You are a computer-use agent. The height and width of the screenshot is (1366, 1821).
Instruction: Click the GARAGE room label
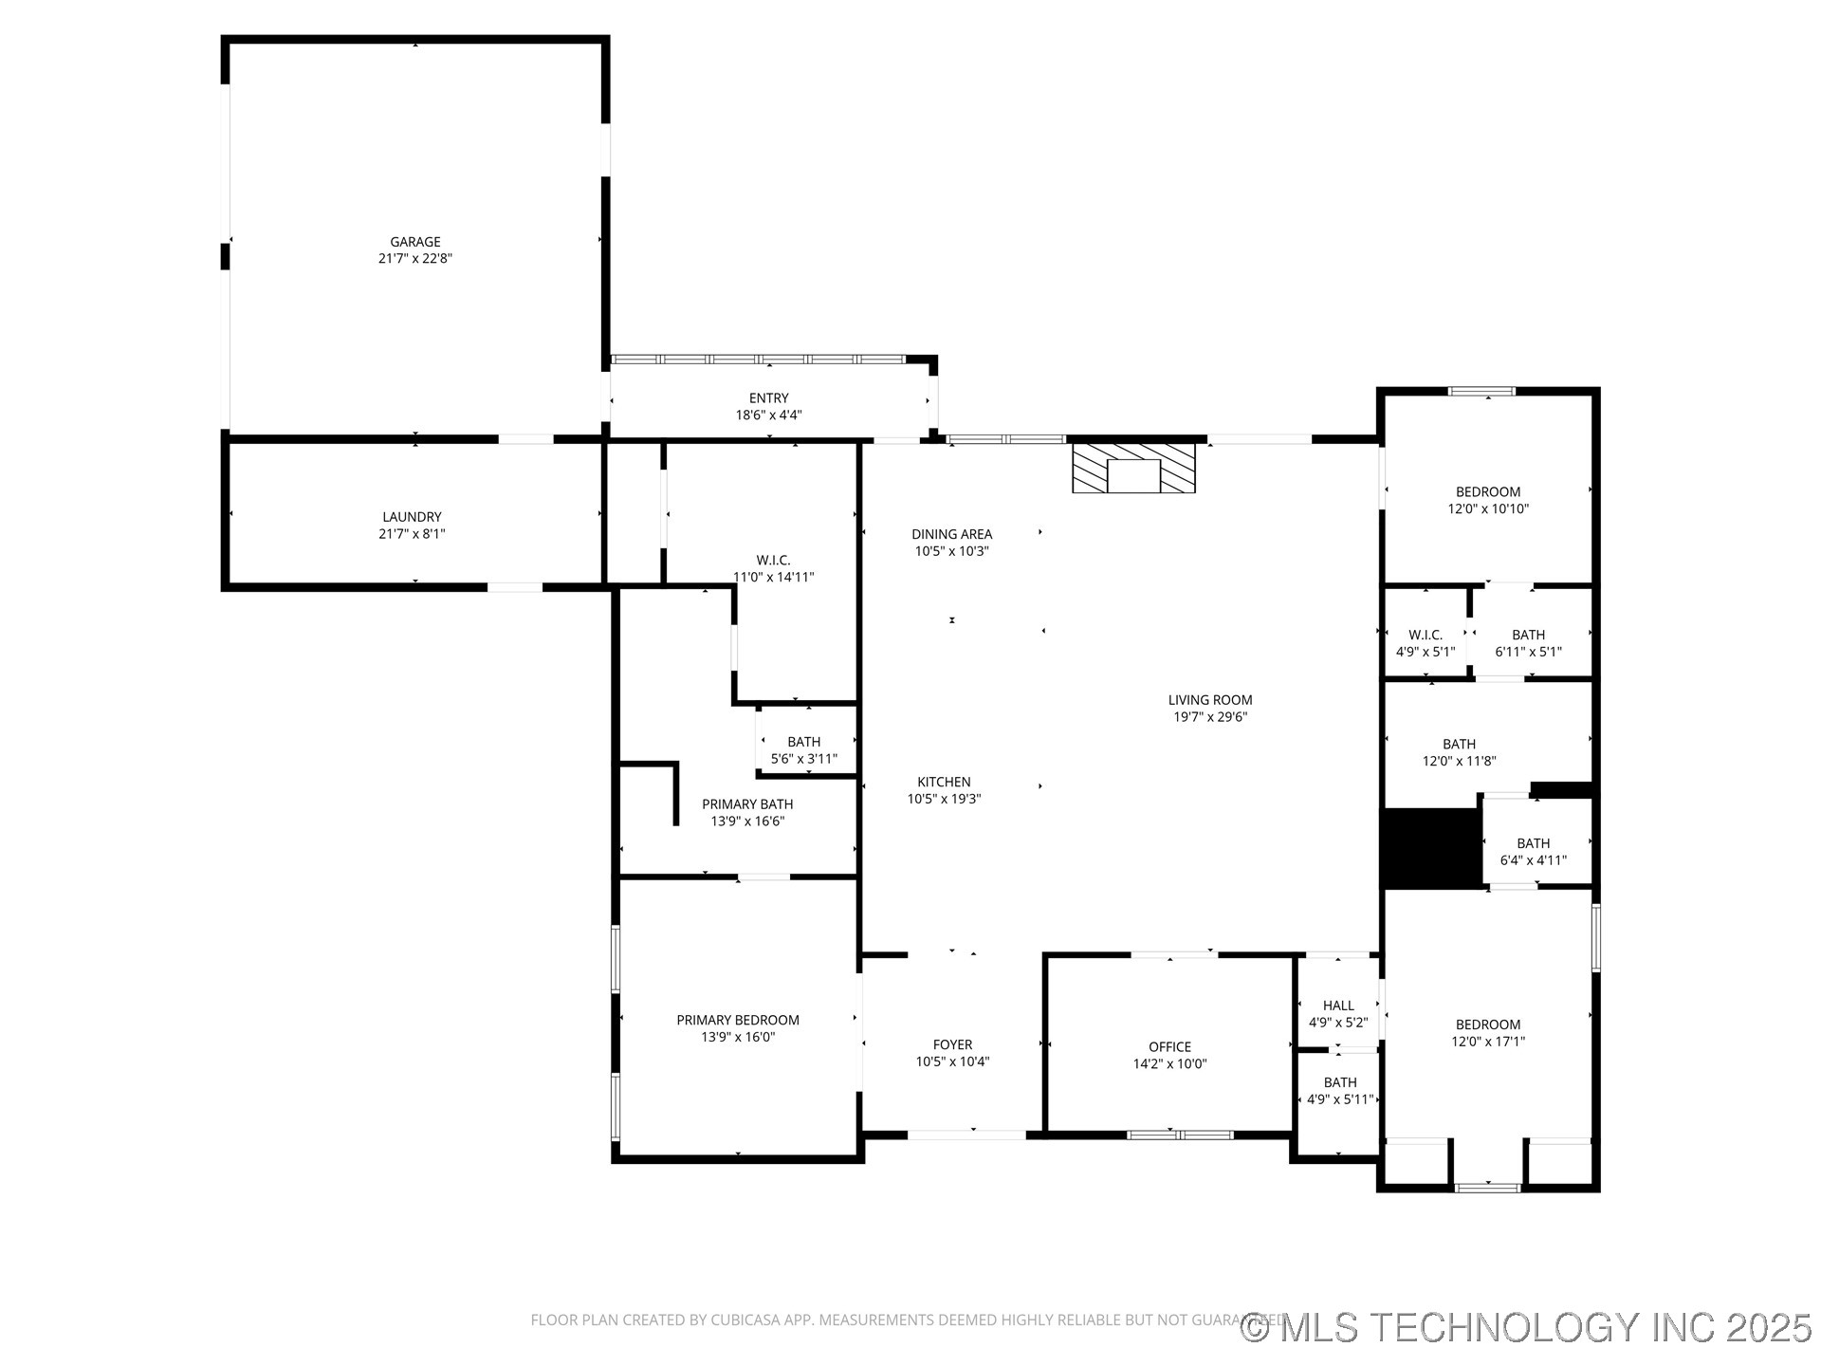pos(415,242)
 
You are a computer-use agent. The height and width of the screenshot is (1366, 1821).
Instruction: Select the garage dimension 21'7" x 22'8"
pos(415,259)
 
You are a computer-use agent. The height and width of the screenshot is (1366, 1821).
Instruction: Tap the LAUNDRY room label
pos(412,517)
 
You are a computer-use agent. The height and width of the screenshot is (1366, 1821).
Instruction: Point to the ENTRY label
pos(768,398)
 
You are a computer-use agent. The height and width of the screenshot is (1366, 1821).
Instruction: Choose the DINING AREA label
pos(951,534)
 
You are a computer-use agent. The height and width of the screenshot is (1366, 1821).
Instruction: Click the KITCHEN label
pos(944,782)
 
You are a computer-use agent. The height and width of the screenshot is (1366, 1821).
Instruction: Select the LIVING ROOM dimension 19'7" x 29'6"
pos(1210,717)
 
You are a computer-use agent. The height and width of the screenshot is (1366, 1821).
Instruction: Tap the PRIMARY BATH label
pos(747,804)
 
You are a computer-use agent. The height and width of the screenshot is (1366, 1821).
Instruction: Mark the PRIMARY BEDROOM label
pos(738,1020)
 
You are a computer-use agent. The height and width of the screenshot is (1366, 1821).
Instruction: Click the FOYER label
pos(952,1044)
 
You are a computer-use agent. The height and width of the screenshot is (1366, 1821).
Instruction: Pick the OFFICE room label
pos(1169,1047)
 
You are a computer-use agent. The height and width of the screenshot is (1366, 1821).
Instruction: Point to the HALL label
pos(1338,1006)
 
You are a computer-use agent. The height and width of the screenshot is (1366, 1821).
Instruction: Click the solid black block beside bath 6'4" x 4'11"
pos(1430,848)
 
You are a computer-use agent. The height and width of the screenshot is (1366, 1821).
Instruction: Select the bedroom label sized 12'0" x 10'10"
pos(1488,491)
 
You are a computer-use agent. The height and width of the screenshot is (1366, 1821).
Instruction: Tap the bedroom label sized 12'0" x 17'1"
pos(1488,1024)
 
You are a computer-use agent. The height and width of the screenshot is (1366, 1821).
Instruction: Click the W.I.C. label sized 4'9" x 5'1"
pos(1425,635)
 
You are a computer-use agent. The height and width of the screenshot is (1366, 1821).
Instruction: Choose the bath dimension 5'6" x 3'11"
pos(804,759)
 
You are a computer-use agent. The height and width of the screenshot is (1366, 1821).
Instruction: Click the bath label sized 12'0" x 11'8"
pos(1459,744)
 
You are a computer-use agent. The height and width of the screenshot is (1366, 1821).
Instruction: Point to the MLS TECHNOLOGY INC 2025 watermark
pos(1527,1326)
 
